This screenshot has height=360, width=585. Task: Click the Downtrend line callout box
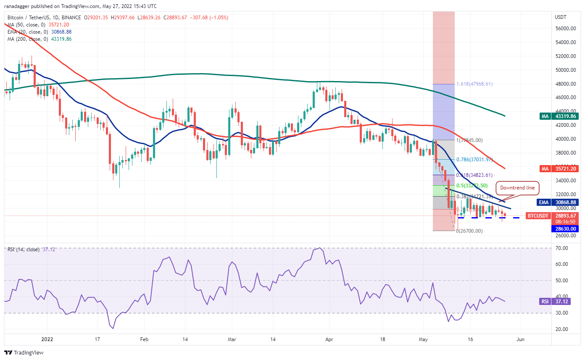tap(517, 188)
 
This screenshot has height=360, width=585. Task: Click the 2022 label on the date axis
tap(47, 339)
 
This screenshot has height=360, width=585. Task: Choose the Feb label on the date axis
tap(144, 339)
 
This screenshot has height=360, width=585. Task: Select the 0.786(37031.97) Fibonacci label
tap(474, 160)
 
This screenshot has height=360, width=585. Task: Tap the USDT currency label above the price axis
tap(561, 17)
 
